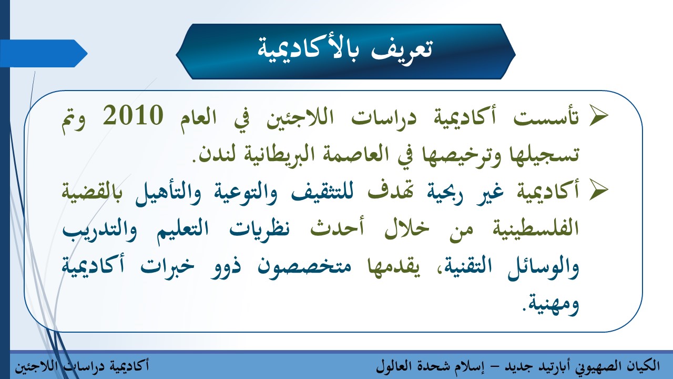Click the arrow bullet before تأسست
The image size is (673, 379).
(x=598, y=117)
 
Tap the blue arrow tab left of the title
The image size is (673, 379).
(x=44, y=53)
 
